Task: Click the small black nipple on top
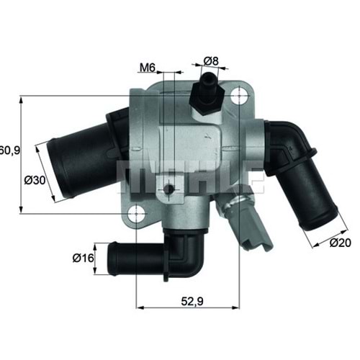pos(210,80)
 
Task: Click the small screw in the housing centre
pos(168,189)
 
